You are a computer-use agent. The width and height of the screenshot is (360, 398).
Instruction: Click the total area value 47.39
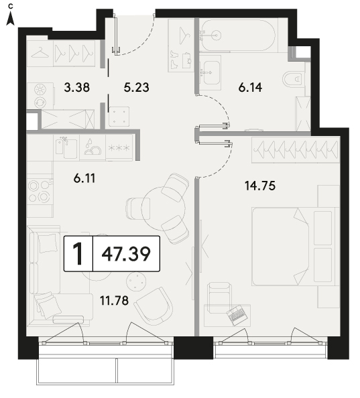tap(126, 254)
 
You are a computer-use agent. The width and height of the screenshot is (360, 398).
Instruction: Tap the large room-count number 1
tap(78, 254)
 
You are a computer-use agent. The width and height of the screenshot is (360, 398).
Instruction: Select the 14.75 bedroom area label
tap(260, 186)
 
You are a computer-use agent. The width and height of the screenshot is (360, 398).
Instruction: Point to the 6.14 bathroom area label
tap(250, 88)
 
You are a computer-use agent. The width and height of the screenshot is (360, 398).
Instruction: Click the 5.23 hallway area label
tap(136, 88)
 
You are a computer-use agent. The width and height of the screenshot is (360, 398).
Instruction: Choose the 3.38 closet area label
tap(77, 88)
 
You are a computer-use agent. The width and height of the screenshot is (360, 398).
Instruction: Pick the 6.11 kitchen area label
tap(84, 178)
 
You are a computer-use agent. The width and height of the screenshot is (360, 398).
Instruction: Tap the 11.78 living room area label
tap(114, 301)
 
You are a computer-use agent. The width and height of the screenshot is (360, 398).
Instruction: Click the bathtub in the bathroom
tap(237, 36)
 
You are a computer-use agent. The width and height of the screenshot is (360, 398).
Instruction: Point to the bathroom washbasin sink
tap(211, 72)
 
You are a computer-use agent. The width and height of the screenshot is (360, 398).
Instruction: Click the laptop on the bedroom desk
tap(237, 315)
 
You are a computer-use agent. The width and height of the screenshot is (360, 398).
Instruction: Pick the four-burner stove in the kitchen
tap(40, 192)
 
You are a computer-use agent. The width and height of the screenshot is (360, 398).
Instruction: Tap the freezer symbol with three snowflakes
tap(119, 147)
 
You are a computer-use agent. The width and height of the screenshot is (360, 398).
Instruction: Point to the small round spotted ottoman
tap(136, 281)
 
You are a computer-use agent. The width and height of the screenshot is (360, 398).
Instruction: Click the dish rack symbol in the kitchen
tap(93, 147)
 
